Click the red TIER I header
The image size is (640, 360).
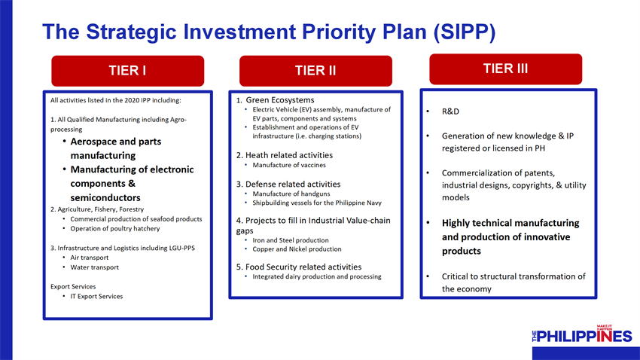pos(128,71)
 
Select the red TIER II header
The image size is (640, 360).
pos(315,71)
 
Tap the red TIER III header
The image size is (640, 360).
pos(506,69)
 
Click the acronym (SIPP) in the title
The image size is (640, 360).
pos(465,32)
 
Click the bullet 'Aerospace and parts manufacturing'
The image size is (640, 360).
pos(116,148)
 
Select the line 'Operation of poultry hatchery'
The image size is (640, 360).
pos(115,228)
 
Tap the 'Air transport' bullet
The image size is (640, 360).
pos(90,258)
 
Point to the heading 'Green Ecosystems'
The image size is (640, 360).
pos(280,100)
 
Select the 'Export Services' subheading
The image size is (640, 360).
pos(73,286)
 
